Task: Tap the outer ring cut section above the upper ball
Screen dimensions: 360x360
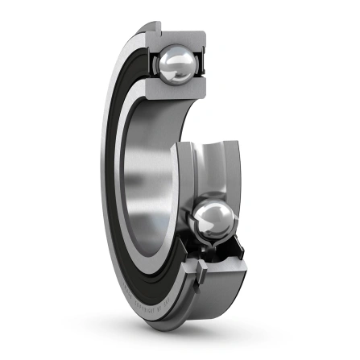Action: click(x=180, y=36)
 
